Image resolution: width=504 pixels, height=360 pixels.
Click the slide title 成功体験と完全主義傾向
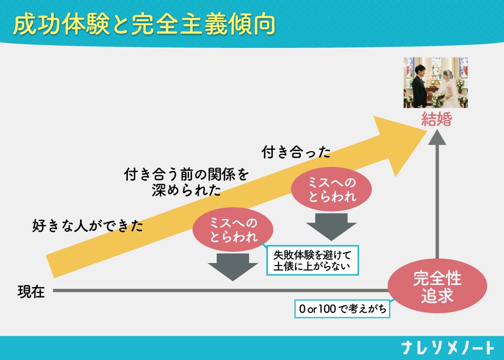coord(144,25)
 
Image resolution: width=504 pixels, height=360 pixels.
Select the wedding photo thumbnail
coord(435,82)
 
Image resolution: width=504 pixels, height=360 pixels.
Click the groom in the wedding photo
coord(419,85)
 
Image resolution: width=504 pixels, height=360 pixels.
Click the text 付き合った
coord(296,152)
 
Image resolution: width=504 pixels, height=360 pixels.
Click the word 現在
coord(31,291)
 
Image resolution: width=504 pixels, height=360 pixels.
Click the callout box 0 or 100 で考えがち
coord(342,309)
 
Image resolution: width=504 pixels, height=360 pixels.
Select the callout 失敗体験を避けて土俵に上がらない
coord(312,260)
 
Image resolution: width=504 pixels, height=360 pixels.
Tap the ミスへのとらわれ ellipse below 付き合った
coord(332,189)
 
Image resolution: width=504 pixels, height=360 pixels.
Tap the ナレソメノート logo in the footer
coord(448,348)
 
